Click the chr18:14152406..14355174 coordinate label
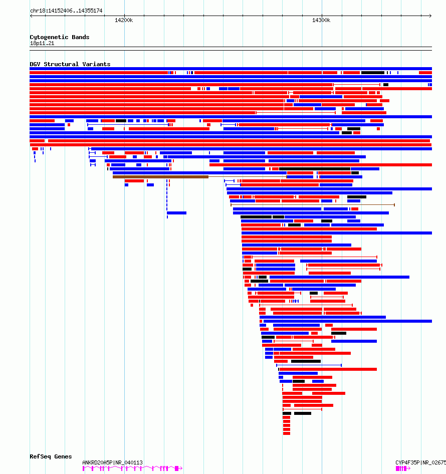pos(66,11)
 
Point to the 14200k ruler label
pos(124,20)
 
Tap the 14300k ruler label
pos(321,20)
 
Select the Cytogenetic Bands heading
pos(59,37)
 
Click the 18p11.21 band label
pos(42,43)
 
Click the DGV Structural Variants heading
pos(70,64)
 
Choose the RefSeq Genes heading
pos(51,456)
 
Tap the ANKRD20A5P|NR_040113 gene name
pos(112,462)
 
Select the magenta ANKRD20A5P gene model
pos(131,468)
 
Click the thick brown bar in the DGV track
pos(160,177)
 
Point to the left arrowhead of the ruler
pos(31,16)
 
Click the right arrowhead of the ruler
pos(430,16)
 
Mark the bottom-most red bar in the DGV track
pos(287,433)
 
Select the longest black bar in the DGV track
pos(315,169)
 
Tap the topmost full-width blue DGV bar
pos(231,69)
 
